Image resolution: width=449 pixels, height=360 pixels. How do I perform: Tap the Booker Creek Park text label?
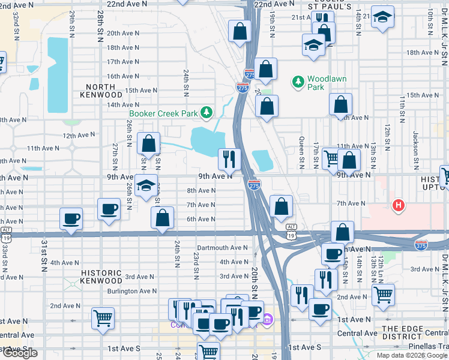click(x=163, y=113)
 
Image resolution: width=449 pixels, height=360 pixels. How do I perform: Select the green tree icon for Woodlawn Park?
click(x=297, y=80)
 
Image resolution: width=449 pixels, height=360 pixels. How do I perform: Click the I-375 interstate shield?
click(x=421, y=245)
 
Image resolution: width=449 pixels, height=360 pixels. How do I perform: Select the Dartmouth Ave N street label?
click(x=223, y=248)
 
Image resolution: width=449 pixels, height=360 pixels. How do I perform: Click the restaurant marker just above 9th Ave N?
click(x=229, y=158)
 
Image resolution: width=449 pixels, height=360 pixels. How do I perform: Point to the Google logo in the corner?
click(x=19, y=353)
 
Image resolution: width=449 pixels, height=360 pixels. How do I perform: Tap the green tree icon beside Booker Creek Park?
click(x=206, y=112)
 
